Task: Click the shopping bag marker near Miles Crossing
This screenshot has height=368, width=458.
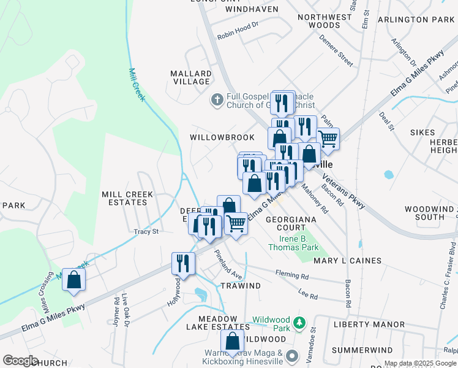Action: (x=73, y=280)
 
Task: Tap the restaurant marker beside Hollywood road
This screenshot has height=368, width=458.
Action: (x=183, y=264)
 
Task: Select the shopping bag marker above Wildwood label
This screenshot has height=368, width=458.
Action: (x=233, y=343)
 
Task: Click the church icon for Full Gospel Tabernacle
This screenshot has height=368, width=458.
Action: (x=217, y=99)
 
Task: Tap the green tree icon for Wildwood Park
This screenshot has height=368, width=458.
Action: (x=299, y=322)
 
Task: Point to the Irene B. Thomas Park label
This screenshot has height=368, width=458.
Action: (x=293, y=243)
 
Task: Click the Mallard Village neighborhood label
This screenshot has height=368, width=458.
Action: (x=191, y=77)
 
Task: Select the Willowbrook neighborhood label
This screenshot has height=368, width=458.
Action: (x=213, y=137)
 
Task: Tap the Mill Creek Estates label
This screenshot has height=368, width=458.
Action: (x=127, y=198)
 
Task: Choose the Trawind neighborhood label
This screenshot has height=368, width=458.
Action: (x=241, y=286)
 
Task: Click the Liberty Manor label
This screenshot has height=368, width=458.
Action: (x=369, y=324)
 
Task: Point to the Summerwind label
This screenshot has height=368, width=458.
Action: (x=358, y=350)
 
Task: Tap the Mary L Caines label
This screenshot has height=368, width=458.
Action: (x=347, y=261)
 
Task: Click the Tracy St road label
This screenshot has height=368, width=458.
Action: (x=146, y=232)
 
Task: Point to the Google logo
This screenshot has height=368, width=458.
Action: (x=20, y=361)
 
